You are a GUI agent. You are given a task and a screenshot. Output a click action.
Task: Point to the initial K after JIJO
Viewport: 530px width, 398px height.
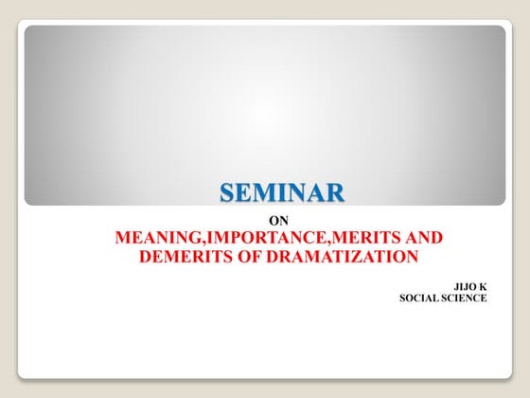483,283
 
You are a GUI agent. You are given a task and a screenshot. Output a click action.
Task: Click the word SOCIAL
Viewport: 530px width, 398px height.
422,298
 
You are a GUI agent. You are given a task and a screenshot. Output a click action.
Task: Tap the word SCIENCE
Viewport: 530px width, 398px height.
467,298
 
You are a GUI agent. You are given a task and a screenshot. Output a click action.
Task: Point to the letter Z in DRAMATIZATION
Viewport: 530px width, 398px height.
358,256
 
